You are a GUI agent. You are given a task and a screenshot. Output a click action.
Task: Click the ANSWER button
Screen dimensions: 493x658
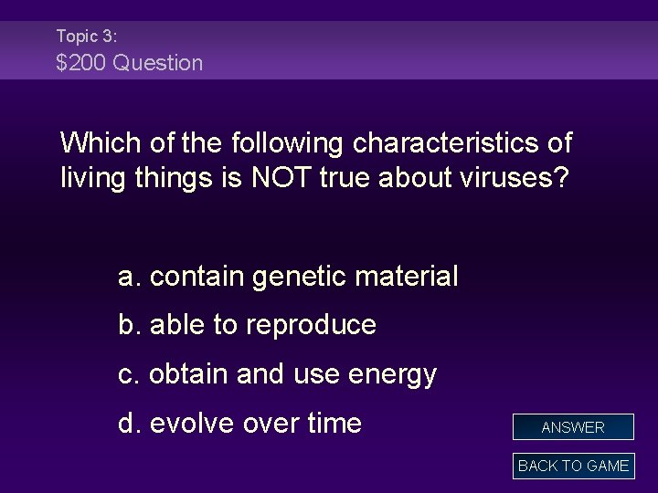(573, 427)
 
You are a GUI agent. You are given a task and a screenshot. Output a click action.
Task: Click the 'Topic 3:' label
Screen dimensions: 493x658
(86, 37)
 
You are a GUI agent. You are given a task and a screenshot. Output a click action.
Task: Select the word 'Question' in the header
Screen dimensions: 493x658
(158, 63)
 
